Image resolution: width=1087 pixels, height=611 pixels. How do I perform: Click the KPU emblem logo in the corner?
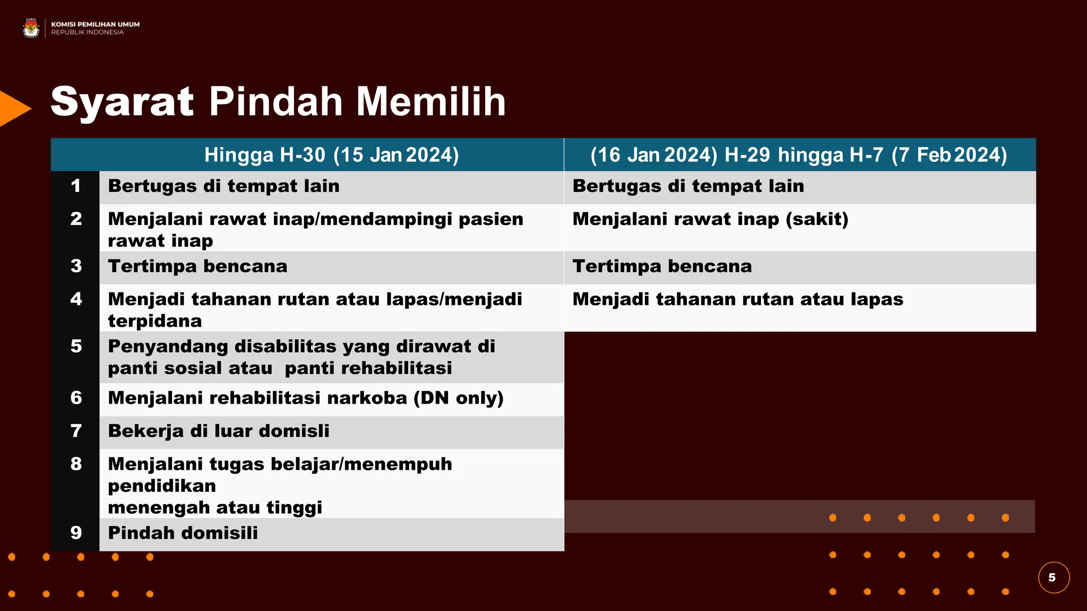coord(31,28)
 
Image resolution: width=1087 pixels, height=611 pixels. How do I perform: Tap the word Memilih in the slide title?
coord(431,101)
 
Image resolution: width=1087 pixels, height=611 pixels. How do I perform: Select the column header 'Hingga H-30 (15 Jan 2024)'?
coord(331,155)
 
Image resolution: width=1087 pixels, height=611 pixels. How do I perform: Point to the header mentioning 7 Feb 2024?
coord(798,155)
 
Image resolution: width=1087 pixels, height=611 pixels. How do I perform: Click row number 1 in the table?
coord(76,186)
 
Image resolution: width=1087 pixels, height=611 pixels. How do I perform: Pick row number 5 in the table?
coord(76,346)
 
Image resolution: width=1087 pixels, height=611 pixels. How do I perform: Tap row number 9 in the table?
coord(76,533)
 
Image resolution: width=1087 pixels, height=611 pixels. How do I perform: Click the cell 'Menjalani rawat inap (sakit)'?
coord(710,219)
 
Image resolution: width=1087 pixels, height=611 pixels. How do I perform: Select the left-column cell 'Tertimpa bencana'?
coord(197,266)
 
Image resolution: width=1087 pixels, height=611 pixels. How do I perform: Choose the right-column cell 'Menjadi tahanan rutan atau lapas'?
coord(738,299)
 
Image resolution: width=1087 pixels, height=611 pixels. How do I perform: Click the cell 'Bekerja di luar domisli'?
coord(219,431)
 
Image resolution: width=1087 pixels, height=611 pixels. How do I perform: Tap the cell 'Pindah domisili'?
coord(183,533)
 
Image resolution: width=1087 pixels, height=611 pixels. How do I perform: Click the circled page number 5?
coord(1053,578)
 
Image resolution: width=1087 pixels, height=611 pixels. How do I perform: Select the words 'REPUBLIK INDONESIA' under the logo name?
coord(88,32)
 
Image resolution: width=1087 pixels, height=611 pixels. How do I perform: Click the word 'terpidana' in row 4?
coord(155,321)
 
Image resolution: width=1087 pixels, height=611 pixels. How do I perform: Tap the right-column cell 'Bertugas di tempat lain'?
coord(688,186)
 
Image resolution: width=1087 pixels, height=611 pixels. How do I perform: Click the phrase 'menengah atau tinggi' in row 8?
coord(215,508)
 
